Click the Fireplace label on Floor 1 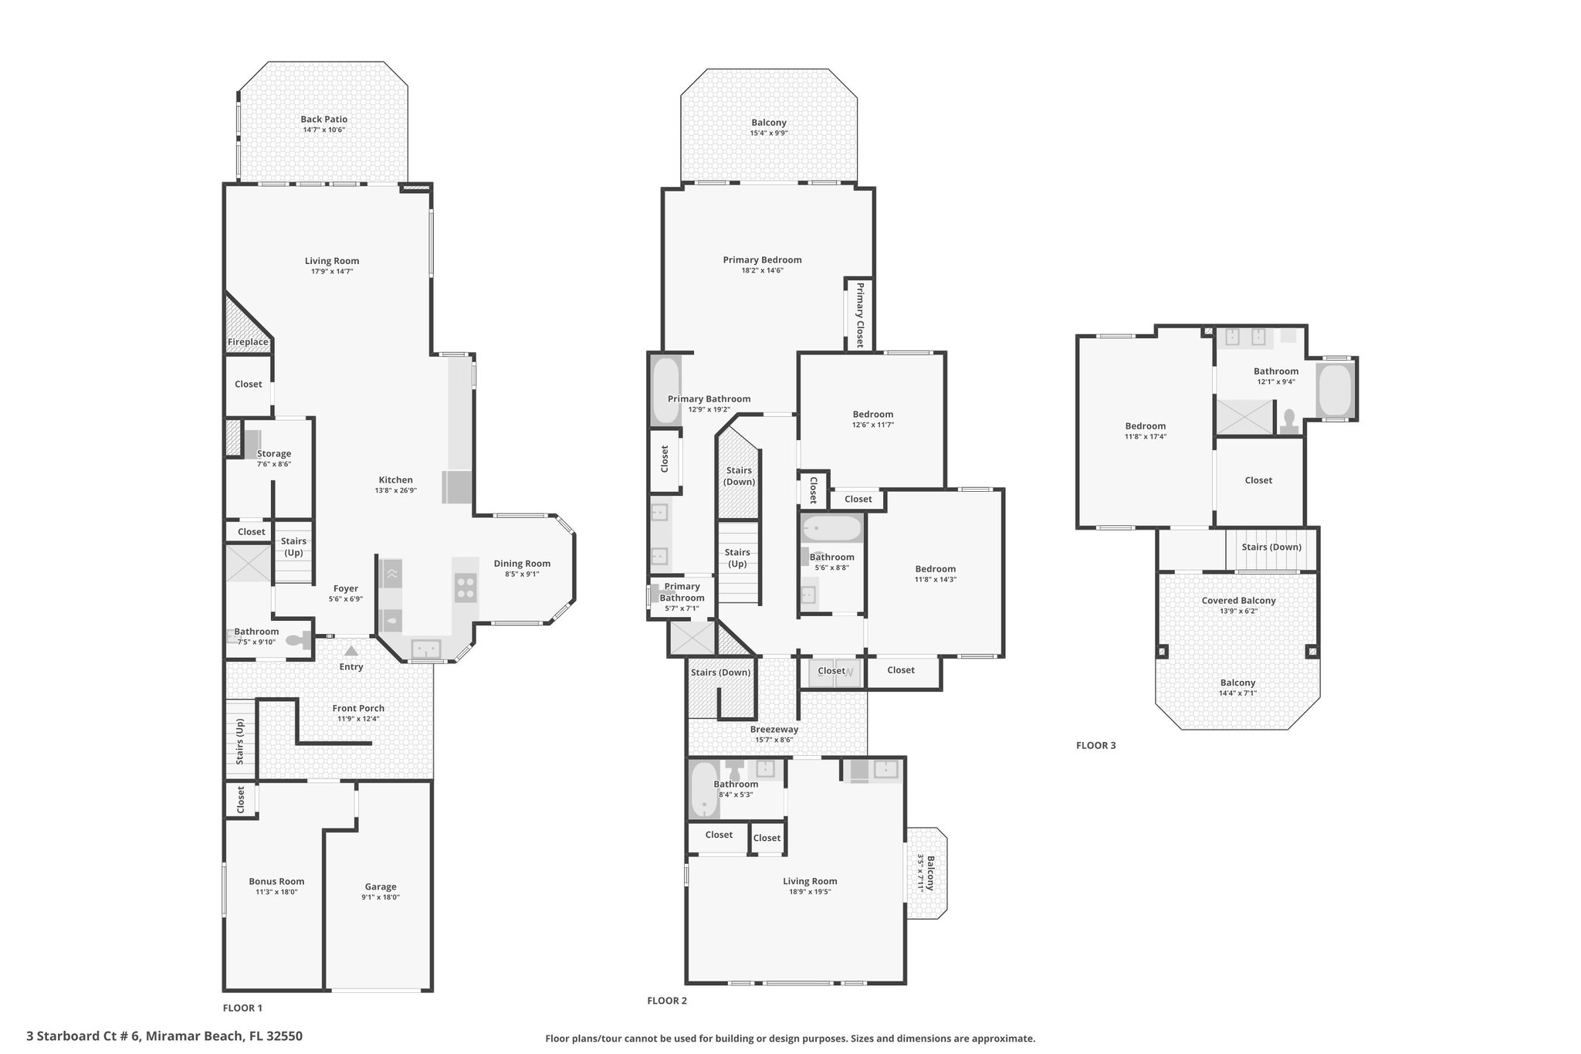[x=248, y=342]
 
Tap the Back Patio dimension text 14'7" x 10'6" [x=324, y=130]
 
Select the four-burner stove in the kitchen [x=465, y=588]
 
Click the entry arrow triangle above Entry [x=351, y=651]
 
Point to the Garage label [x=381, y=886]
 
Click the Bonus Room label [x=276, y=881]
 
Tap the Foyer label [x=346, y=588]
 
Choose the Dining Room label [x=522, y=564]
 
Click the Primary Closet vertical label [x=859, y=315]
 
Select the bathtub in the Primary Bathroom [x=665, y=390]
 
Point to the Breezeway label [x=774, y=729]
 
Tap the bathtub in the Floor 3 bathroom [x=1335, y=390]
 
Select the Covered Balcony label [x=1239, y=601]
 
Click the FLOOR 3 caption [x=1096, y=745]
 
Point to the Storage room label [x=274, y=454]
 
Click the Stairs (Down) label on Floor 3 [x=1271, y=547]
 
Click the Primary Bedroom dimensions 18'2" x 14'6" [x=763, y=270]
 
